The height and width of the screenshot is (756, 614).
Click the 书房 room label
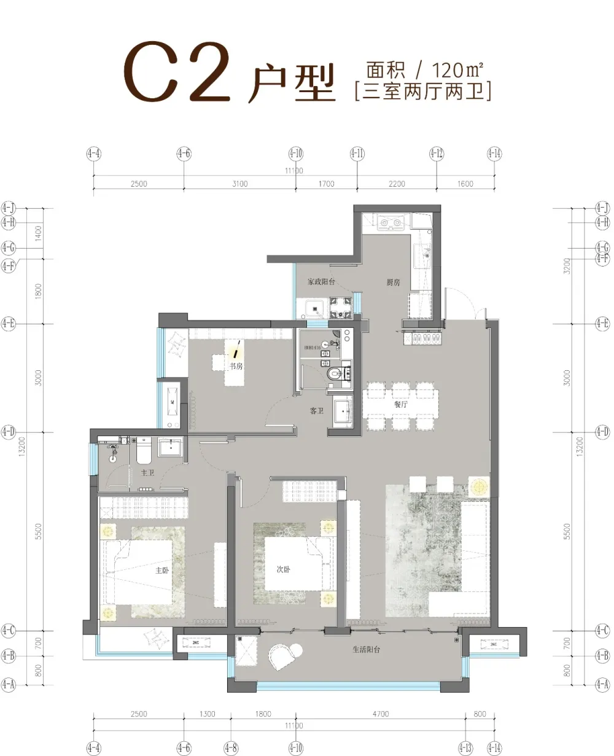[x=235, y=367]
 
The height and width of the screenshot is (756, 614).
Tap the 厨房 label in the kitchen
[x=394, y=283]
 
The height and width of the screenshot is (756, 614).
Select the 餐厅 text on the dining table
[x=402, y=405]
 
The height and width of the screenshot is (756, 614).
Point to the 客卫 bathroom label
[x=316, y=411]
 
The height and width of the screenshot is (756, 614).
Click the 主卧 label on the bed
[x=161, y=570]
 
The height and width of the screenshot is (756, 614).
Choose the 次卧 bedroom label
[x=283, y=570]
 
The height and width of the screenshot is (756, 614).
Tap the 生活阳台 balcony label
[x=366, y=649]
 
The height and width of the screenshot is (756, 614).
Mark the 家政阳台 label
[x=321, y=282]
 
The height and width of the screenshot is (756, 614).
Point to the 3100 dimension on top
[x=240, y=184]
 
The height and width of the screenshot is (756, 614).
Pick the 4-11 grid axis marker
[x=357, y=153]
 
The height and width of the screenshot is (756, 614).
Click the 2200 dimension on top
[x=397, y=184]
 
